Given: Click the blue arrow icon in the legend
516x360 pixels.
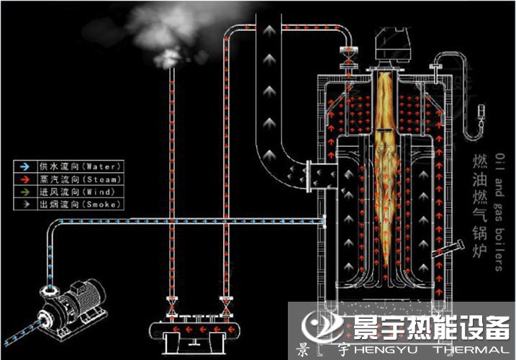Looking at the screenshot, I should (x=24, y=166).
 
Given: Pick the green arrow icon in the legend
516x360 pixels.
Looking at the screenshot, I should (x=24, y=192).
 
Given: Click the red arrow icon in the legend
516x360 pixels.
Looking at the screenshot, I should (x=24, y=179).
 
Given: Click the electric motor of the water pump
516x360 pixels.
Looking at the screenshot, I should (x=83, y=294).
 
